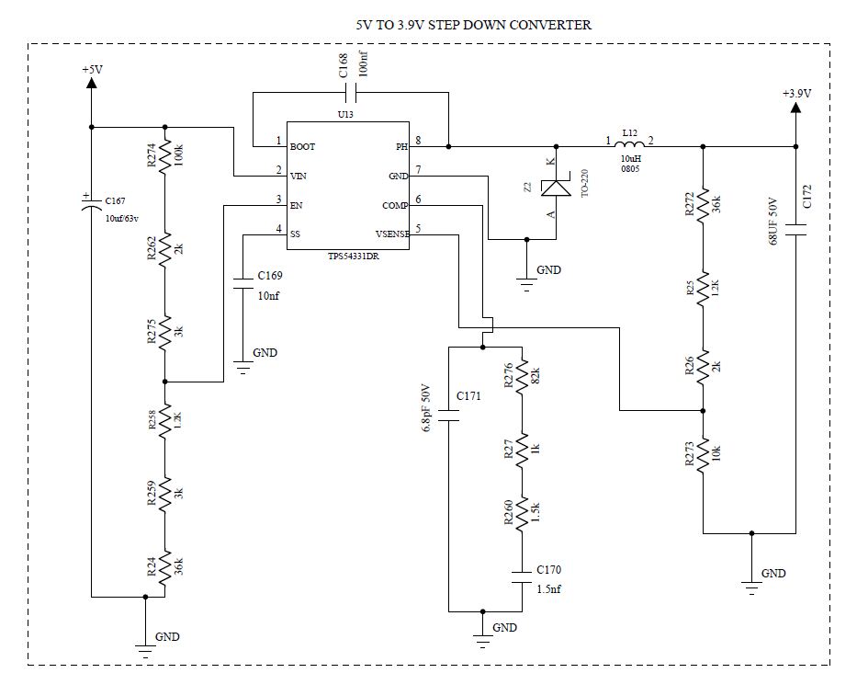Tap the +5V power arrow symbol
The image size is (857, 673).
tap(91, 84)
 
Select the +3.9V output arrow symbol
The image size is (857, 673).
tap(795, 108)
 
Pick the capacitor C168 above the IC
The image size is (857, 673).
tap(350, 92)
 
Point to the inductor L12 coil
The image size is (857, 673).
tap(629, 144)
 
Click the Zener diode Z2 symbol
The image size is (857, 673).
tap(555, 188)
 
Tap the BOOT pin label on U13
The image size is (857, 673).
tap(303, 146)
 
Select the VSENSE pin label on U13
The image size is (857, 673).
tap(392, 234)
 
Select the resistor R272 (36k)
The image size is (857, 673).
tap(703, 206)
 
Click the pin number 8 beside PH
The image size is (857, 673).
tap(418, 141)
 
